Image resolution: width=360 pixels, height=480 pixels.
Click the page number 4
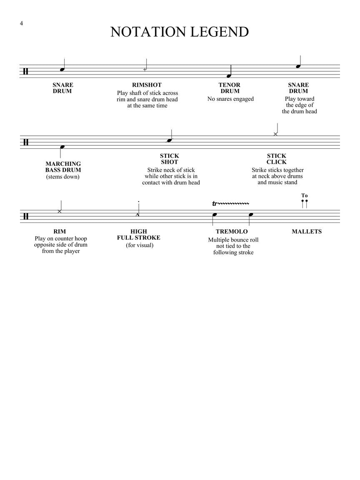[x=21, y=23]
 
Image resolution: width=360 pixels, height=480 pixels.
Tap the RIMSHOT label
[x=147, y=85]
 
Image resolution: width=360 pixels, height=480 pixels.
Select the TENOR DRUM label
[x=230, y=88]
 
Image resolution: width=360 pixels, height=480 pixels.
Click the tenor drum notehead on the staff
[x=229, y=76]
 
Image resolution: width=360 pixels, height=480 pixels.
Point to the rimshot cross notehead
[x=145, y=69]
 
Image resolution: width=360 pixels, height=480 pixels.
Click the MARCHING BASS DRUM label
[x=63, y=167]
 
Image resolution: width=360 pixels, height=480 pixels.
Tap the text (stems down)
[x=63, y=177]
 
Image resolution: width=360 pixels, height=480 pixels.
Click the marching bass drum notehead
[x=62, y=147]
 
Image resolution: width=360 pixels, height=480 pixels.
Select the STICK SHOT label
[x=169, y=159]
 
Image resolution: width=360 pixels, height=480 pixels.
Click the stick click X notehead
[x=275, y=134]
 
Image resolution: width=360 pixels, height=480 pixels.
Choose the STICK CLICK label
[x=277, y=159]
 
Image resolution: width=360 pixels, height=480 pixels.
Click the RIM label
[x=60, y=232]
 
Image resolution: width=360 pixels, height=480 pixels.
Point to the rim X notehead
[x=60, y=212]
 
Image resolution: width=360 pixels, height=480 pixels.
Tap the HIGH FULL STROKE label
[x=139, y=235]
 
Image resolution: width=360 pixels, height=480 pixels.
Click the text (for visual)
[x=140, y=245]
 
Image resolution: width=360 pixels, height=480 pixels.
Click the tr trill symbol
[x=215, y=204]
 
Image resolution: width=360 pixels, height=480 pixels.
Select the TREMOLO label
[x=232, y=232]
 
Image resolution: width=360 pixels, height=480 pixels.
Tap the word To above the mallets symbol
[x=305, y=195]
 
